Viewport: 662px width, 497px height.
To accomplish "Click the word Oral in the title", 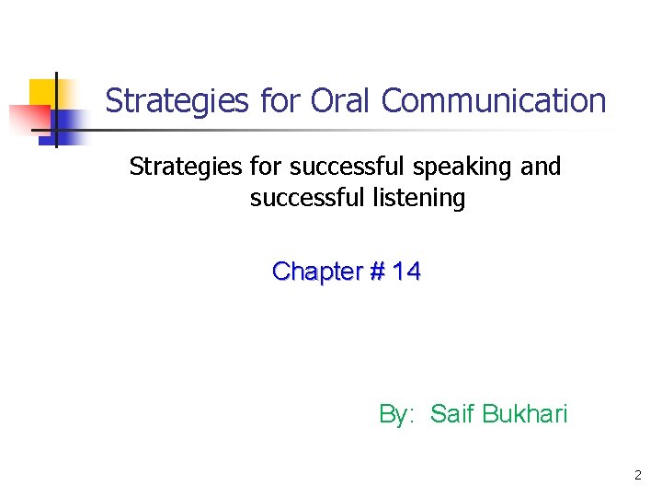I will pos(343,100).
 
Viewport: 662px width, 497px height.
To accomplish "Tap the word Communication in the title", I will pos(494,100).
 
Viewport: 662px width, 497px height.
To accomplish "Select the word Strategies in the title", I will pos(177,100).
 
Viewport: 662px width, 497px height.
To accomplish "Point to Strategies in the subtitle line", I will pos(186,167).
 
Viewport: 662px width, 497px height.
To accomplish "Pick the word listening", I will pos(420,198).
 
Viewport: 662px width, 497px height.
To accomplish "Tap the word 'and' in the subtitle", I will pos(541,167).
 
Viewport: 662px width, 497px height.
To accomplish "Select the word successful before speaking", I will pos(346,167).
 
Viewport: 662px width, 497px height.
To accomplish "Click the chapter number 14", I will pos(406,272).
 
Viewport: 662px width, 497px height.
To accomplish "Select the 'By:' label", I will pos(398,414).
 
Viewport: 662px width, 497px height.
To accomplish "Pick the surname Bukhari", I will pos(527,414).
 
